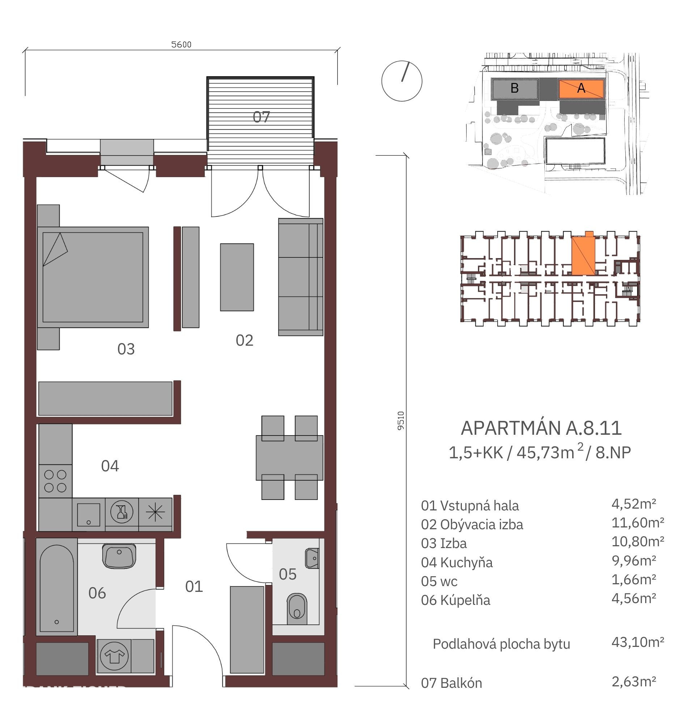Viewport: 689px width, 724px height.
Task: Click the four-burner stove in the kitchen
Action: (x=55, y=481)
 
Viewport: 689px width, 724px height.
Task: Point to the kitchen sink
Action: (x=89, y=514)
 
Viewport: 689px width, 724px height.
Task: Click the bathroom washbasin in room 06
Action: (x=119, y=556)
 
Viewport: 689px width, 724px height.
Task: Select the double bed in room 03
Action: (x=93, y=277)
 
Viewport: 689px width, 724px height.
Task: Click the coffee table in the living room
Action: (x=237, y=277)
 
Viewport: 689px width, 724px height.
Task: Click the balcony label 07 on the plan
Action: (x=261, y=117)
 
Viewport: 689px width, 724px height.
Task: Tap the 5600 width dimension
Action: (x=182, y=45)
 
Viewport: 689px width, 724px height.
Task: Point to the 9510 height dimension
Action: (x=401, y=420)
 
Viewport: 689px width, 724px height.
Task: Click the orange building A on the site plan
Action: (x=581, y=89)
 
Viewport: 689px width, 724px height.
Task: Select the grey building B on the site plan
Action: (x=515, y=88)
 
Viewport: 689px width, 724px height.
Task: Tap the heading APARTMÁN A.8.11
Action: (x=541, y=428)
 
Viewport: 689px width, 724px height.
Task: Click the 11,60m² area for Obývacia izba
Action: (x=638, y=523)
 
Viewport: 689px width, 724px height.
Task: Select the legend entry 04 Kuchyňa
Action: (x=456, y=562)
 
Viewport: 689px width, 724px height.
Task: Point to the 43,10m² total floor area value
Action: (x=638, y=642)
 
